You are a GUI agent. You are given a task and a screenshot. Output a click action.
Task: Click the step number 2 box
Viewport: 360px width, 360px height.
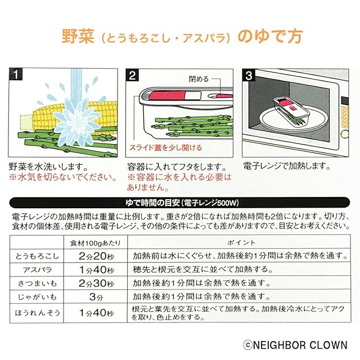click(x=133, y=74)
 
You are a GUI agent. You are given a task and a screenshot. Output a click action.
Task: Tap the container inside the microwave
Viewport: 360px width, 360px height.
click(x=291, y=110)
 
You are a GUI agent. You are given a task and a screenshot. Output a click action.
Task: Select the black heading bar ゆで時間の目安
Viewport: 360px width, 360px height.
click(x=179, y=202)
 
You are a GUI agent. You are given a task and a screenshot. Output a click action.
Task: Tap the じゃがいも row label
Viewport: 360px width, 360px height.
click(x=35, y=296)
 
